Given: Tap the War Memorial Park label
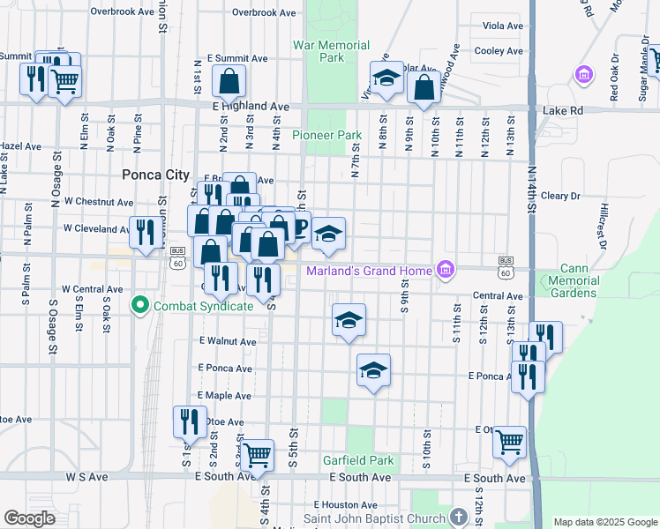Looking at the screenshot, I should (319, 51).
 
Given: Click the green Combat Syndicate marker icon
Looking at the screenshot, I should (139, 306).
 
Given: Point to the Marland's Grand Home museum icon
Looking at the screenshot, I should (446, 270).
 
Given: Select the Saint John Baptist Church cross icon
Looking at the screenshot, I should (457, 516).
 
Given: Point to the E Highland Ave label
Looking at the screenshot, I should (251, 106).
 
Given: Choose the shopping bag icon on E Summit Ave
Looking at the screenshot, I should (229, 82).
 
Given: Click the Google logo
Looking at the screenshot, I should (30, 518).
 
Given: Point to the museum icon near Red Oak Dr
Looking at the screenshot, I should (582, 76).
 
